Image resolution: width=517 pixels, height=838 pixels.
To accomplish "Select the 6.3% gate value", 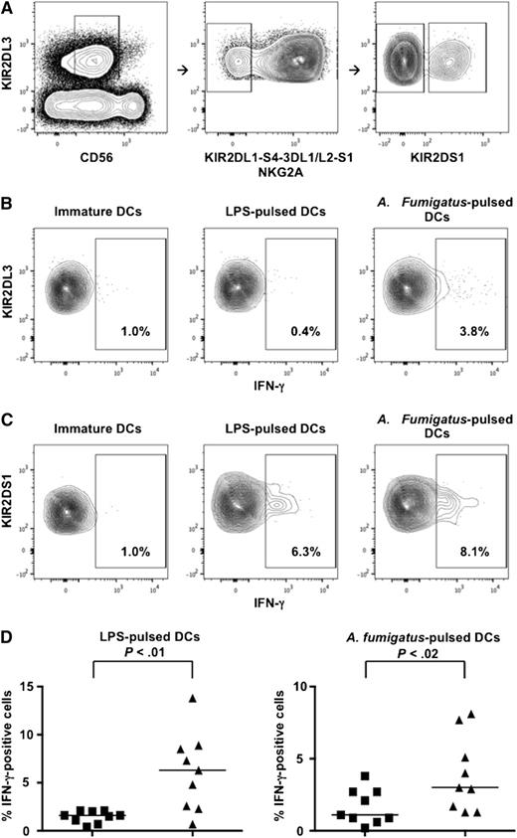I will (x=292, y=545).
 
